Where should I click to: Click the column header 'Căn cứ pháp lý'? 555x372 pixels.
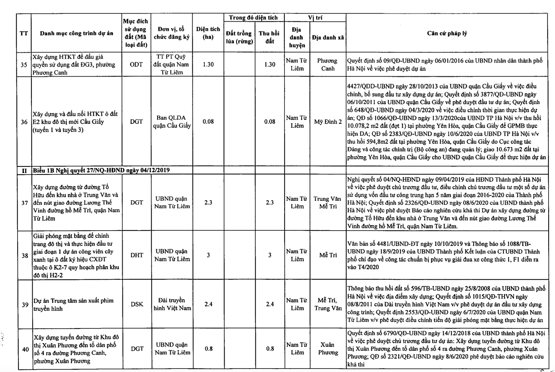click(447, 33)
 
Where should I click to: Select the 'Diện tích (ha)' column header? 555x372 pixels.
click(208, 33)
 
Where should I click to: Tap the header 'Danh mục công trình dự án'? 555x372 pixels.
click(77, 33)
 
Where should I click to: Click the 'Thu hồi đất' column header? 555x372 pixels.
click(269, 37)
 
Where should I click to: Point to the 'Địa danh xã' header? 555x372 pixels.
click(328, 37)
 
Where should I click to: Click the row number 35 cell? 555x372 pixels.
click(24, 65)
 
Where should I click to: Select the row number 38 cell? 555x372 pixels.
click(25, 255)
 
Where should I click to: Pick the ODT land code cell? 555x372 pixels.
click(136, 64)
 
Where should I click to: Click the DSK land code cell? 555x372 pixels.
click(137, 304)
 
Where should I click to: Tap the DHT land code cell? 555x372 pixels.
click(137, 255)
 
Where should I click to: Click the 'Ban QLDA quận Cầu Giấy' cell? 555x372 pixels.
click(172, 122)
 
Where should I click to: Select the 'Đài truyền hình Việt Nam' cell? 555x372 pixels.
click(172, 304)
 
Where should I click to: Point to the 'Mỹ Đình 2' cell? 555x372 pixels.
click(328, 122)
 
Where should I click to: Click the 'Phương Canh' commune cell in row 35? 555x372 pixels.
click(327, 64)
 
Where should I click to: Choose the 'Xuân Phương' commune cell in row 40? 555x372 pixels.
click(328, 349)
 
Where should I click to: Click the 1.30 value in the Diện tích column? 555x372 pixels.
click(208, 64)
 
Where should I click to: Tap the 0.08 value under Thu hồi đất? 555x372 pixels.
click(269, 122)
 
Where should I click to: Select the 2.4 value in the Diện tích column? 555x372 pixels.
click(208, 304)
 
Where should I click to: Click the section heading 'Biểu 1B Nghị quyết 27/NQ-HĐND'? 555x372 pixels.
click(101, 170)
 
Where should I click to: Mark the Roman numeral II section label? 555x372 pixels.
click(24, 171)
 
